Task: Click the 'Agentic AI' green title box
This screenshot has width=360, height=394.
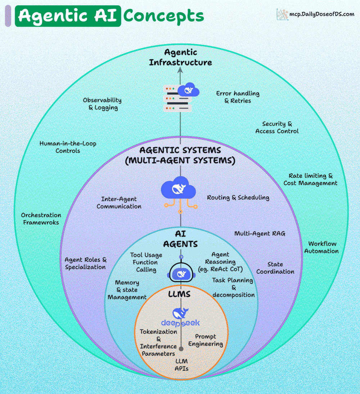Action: coord(68,16)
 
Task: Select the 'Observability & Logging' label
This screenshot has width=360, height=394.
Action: coord(102,104)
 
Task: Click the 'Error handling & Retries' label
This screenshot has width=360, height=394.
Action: coord(238,97)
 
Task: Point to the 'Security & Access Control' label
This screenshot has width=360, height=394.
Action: coord(277,127)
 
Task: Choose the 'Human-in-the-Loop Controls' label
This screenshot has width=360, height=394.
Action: coord(68,147)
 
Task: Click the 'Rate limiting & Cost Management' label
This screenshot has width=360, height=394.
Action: coord(310,179)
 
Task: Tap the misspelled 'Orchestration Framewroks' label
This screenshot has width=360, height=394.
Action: coord(41,219)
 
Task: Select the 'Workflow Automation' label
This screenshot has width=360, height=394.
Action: coord(321,247)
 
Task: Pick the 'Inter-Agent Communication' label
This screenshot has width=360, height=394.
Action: coord(119,203)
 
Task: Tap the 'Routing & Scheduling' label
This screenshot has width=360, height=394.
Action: coord(238,197)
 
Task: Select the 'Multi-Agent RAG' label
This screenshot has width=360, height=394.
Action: coord(260,233)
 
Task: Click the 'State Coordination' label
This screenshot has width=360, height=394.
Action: coord(275,268)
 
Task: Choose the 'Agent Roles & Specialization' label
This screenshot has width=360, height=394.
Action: coord(85,263)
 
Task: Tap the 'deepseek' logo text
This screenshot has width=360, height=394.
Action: coord(180,322)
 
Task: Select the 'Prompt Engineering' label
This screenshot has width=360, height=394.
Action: coord(206,340)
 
